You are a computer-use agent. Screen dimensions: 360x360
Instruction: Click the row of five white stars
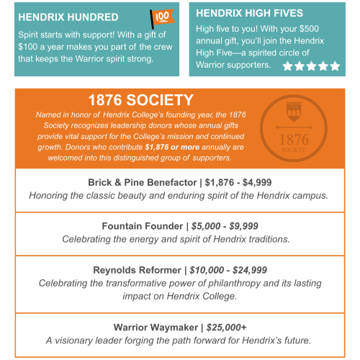[311, 66]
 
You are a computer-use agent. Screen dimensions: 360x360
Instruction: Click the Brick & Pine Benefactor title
[145, 182]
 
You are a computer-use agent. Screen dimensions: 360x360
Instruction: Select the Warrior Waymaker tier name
[156, 326]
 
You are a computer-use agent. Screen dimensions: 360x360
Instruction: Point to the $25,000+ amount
[225, 326]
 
